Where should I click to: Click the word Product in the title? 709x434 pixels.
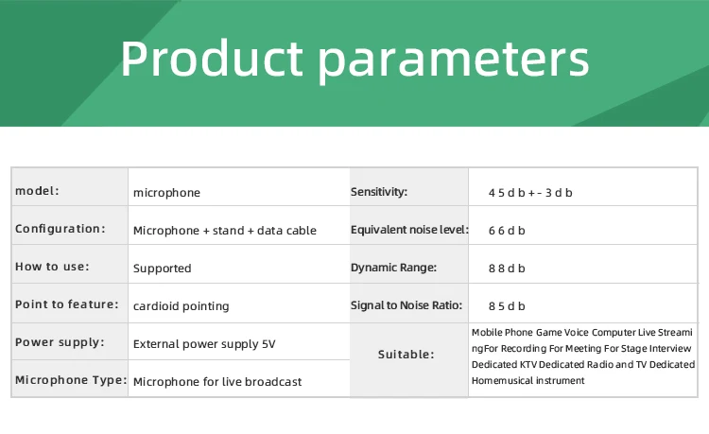click(x=212, y=59)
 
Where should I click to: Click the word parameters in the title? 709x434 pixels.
click(x=454, y=62)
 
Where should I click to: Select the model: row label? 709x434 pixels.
click(x=37, y=191)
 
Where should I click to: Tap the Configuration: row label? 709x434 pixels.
click(x=61, y=229)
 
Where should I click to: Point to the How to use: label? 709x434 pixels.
click(x=52, y=267)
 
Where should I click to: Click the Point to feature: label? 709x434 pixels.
click(x=67, y=304)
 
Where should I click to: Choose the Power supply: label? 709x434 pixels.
click(x=60, y=342)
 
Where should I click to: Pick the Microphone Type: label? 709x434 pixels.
click(x=71, y=380)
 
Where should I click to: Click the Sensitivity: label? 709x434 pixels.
click(x=379, y=192)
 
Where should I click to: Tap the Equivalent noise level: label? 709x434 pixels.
click(x=409, y=230)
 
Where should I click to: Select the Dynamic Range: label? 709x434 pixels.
click(x=394, y=268)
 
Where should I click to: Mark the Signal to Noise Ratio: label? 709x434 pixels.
click(x=406, y=305)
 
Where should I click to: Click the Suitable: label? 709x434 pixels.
click(x=406, y=355)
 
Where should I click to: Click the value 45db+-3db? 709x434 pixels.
click(x=530, y=193)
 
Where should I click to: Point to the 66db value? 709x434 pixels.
click(x=507, y=231)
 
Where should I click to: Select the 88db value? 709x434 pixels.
click(x=507, y=269)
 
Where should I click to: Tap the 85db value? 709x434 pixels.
click(x=507, y=306)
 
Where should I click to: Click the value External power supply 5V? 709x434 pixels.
click(x=204, y=344)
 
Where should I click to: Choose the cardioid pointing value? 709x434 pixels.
click(x=182, y=306)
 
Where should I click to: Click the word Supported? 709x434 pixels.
click(x=163, y=269)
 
